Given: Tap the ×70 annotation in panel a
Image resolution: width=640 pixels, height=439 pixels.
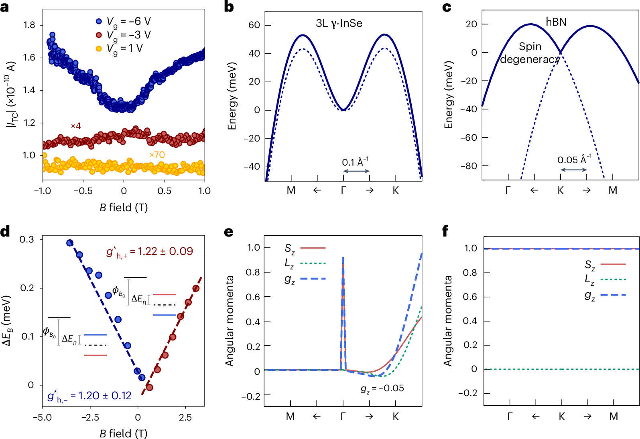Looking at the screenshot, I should click(157, 155).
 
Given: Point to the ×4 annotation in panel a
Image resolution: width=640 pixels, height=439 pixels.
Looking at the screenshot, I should click(76, 126).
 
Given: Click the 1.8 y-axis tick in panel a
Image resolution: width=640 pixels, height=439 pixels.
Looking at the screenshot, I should click(29, 25).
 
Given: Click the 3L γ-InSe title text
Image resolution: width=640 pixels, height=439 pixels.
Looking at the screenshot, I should click(339, 23).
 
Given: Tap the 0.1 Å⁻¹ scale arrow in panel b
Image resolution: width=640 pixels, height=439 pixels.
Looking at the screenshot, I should click(356, 171).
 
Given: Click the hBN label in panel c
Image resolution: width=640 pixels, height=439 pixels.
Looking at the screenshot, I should click(556, 22).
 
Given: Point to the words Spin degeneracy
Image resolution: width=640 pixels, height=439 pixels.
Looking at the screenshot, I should click(530, 53).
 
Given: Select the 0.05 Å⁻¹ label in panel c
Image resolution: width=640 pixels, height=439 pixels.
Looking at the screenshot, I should click(574, 160).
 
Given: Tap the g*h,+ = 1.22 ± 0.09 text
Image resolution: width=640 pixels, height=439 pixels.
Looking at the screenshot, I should click(150, 252).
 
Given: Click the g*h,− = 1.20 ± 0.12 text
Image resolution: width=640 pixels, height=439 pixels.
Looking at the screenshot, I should click(89, 396).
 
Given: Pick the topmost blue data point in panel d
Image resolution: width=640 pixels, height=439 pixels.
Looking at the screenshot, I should click(70, 243).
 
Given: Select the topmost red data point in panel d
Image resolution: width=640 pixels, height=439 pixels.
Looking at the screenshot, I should click(196, 288).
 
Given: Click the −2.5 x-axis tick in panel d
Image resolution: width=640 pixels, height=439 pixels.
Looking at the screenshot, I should click(90, 417).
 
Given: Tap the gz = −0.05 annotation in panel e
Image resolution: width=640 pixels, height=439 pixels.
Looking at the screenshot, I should click(382, 388).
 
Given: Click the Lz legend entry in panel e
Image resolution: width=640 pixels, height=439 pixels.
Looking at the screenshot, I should click(305, 263).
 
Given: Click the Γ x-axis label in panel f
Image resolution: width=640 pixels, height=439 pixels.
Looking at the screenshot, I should click(510, 417).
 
